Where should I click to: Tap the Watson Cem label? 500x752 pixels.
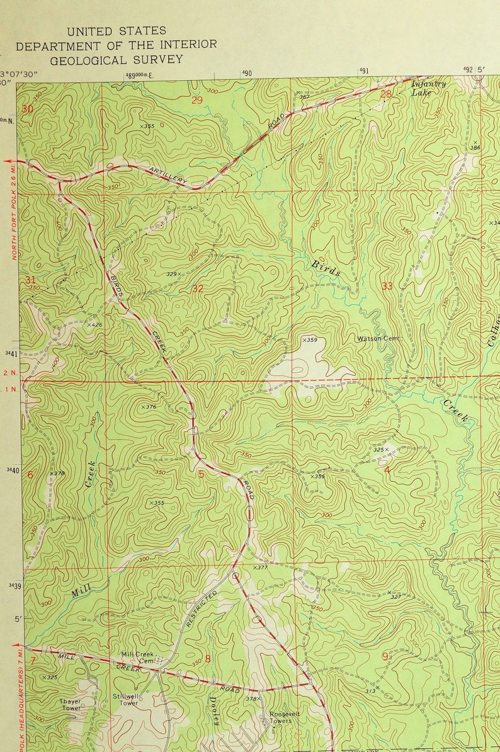click(379, 338)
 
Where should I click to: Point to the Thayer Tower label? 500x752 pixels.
click(71, 704)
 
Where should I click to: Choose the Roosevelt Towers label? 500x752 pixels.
click(281, 717)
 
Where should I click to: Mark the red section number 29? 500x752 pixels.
click(198, 100)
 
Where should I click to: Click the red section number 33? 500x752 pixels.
click(387, 286)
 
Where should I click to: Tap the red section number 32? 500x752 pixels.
click(198, 288)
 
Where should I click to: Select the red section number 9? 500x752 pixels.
click(385, 656)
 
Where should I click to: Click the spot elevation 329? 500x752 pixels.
click(173, 274)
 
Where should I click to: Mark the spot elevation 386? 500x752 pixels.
click(474, 147)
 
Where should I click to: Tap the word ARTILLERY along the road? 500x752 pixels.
click(168, 175)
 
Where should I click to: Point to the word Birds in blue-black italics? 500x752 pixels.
click(326, 268)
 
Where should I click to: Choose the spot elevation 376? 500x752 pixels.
click(149, 407)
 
